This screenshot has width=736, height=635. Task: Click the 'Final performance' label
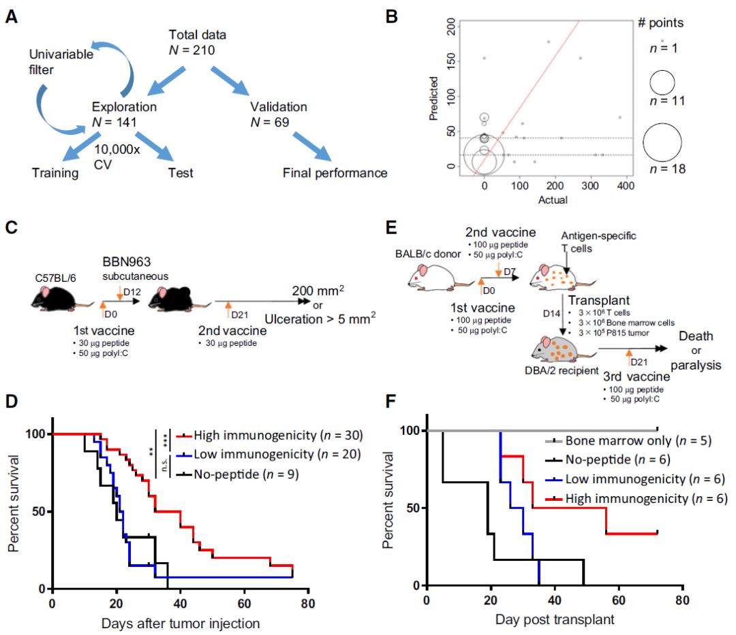pyautogui.click(x=335, y=173)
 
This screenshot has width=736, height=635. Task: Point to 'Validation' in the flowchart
pyautogui.click(x=277, y=107)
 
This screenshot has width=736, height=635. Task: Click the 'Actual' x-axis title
pyautogui.click(x=553, y=199)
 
